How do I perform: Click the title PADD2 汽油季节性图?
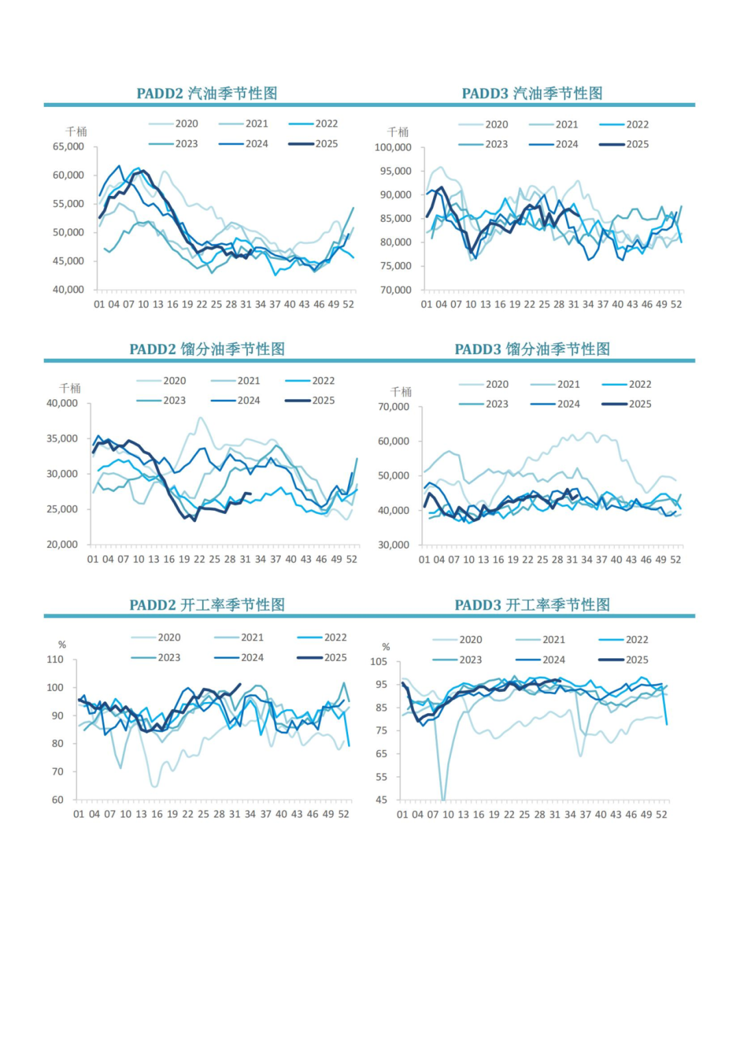coord(206,93)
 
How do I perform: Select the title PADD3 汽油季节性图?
coord(532,93)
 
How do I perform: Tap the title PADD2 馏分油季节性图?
coord(207,349)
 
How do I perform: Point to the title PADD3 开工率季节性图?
coord(532,605)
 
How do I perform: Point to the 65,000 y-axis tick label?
coord(69,147)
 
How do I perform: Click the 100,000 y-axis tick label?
coord(393,147)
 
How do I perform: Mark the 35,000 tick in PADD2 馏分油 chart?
coord(62,438)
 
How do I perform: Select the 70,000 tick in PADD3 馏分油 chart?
coord(393,407)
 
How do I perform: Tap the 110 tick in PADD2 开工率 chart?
coord(55,660)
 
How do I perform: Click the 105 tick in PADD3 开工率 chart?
coord(378,662)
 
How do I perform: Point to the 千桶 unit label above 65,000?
coord(76,132)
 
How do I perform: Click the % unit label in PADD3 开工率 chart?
coord(386,647)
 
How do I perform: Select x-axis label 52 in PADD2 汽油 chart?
coord(348,304)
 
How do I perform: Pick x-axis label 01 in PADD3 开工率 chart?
coord(402,814)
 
